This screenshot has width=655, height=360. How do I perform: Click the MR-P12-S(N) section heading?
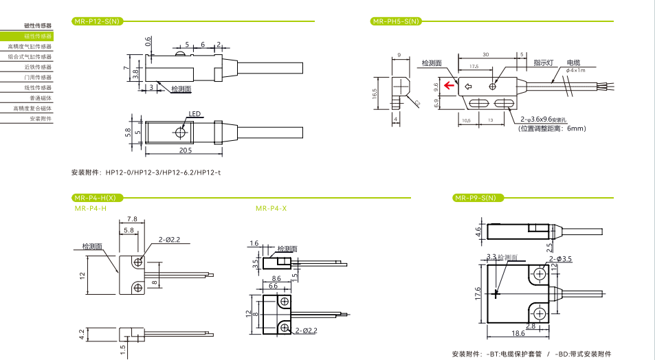pyautogui.click(x=96, y=21)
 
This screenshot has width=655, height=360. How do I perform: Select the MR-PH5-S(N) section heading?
pyautogui.click(x=395, y=21)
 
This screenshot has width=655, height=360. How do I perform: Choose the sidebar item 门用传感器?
pyautogui.click(x=38, y=78)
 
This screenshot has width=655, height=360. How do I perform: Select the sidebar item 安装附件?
pyautogui.click(x=41, y=119)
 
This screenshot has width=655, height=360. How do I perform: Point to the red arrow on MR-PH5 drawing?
pyautogui.click(x=449, y=86)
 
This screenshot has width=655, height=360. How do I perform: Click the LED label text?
pyautogui.click(x=194, y=115)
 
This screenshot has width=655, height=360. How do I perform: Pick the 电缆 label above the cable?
pyautogui.click(x=574, y=63)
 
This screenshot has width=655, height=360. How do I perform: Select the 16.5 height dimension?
pyautogui.click(x=375, y=93)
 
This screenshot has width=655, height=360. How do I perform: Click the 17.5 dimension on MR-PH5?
pyautogui.click(x=474, y=67)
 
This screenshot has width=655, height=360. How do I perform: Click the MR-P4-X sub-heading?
pyautogui.click(x=271, y=208)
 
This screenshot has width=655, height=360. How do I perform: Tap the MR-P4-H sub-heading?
pyautogui.click(x=90, y=208)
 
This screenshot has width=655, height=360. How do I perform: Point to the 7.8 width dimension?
pyautogui.click(x=131, y=219)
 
